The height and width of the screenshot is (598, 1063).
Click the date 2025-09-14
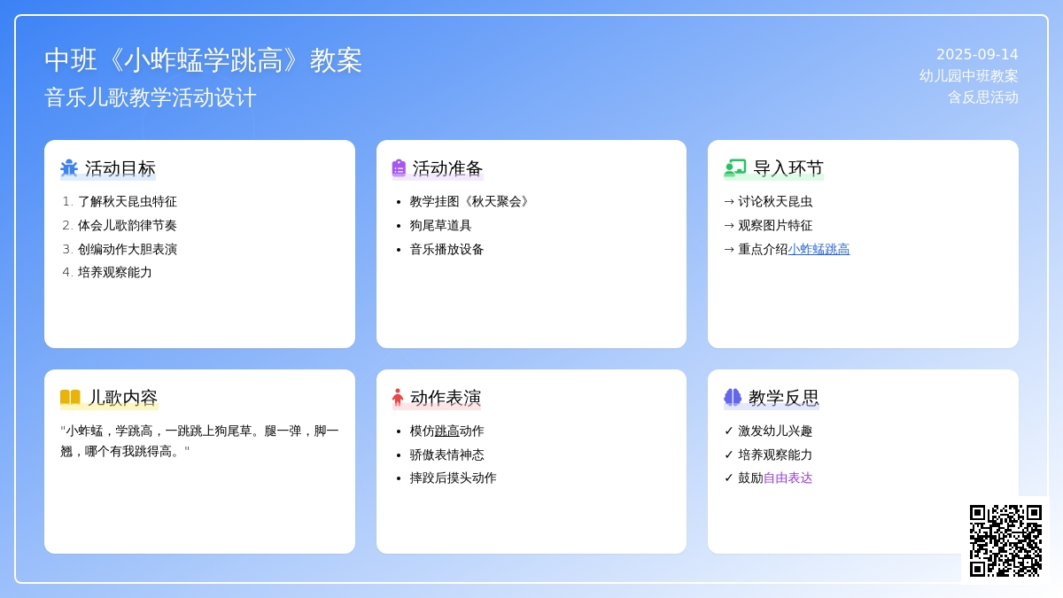tap(977, 55)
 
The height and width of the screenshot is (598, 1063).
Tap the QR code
tap(1005, 540)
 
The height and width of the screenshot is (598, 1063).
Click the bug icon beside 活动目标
tap(69, 168)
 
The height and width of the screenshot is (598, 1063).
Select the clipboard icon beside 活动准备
tap(399, 168)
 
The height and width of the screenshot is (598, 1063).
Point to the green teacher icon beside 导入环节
tap(735, 168)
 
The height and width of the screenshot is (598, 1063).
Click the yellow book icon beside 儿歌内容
tap(70, 397)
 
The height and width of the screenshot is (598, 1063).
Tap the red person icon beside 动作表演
tap(398, 397)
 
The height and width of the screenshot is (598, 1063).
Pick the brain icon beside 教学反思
tap(733, 397)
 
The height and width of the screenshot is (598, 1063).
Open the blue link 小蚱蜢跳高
tap(819, 249)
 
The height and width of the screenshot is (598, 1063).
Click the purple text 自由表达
tap(788, 478)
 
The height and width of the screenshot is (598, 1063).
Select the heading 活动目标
tap(120, 168)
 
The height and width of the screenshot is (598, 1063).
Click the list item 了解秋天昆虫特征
tap(128, 202)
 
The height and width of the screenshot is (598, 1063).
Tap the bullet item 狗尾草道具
tap(440, 225)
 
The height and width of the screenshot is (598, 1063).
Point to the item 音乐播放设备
tap(446, 249)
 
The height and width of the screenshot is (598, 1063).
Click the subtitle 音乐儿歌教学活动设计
tap(151, 97)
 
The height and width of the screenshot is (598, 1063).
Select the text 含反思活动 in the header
tap(982, 97)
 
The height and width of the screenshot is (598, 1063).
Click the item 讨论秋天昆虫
tap(775, 202)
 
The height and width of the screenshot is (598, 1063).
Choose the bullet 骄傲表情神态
tap(446, 454)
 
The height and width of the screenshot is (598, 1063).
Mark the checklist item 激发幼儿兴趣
tap(775, 431)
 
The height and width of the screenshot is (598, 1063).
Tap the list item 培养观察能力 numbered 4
tap(115, 273)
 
